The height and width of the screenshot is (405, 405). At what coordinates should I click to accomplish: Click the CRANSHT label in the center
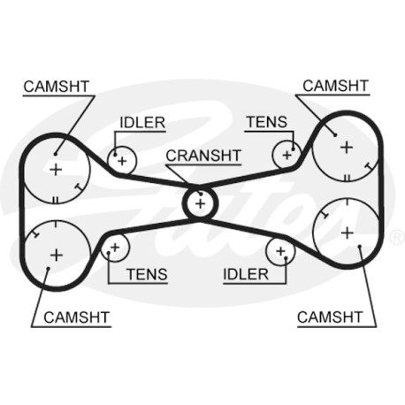[203, 156]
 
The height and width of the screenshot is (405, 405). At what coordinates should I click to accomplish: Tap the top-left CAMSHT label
[57, 87]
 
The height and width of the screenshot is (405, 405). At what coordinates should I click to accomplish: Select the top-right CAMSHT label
[335, 86]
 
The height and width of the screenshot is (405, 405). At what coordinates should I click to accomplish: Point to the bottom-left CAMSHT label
[77, 317]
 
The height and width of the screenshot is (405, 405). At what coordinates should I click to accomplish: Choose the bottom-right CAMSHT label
[330, 317]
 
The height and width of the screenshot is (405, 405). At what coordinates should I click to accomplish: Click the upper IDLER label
[142, 123]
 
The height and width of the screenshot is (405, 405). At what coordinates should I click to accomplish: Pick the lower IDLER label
[246, 274]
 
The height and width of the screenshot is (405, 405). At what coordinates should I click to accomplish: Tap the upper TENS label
[266, 122]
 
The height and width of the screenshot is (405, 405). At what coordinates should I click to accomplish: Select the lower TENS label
[147, 274]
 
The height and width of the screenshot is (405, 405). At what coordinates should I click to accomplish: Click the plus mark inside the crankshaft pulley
[200, 203]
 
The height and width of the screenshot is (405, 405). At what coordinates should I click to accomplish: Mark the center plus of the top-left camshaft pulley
[56, 170]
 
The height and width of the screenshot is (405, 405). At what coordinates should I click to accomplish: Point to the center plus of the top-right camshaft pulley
[347, 147]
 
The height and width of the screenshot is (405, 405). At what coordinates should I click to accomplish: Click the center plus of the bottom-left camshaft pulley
[57, 255]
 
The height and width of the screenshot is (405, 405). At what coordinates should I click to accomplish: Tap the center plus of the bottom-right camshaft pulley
[348, 233]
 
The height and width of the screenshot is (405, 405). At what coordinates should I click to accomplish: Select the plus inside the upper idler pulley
[122, 161]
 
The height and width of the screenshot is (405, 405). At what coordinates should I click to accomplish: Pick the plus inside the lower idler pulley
[280, 251]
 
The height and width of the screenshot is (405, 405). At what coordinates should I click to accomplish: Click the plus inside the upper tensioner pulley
[287, 155]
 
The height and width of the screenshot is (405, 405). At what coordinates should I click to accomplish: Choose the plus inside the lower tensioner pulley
[115, 248]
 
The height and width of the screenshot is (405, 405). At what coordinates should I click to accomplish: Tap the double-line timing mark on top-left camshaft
[56, 201]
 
